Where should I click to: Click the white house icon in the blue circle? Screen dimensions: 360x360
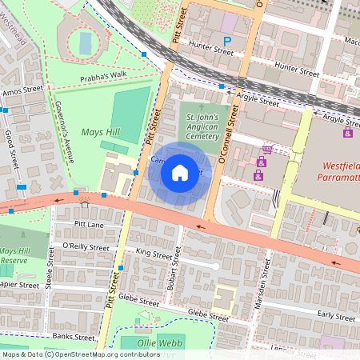click(x=180, y=173)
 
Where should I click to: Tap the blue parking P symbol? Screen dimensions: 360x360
click(x=227, y=41)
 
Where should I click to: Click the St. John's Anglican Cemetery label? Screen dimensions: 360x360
click(x=201, y=129)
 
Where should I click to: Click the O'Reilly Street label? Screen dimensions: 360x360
click(x=84, y=248)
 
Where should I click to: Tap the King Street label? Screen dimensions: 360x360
click(x=154, y=254)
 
